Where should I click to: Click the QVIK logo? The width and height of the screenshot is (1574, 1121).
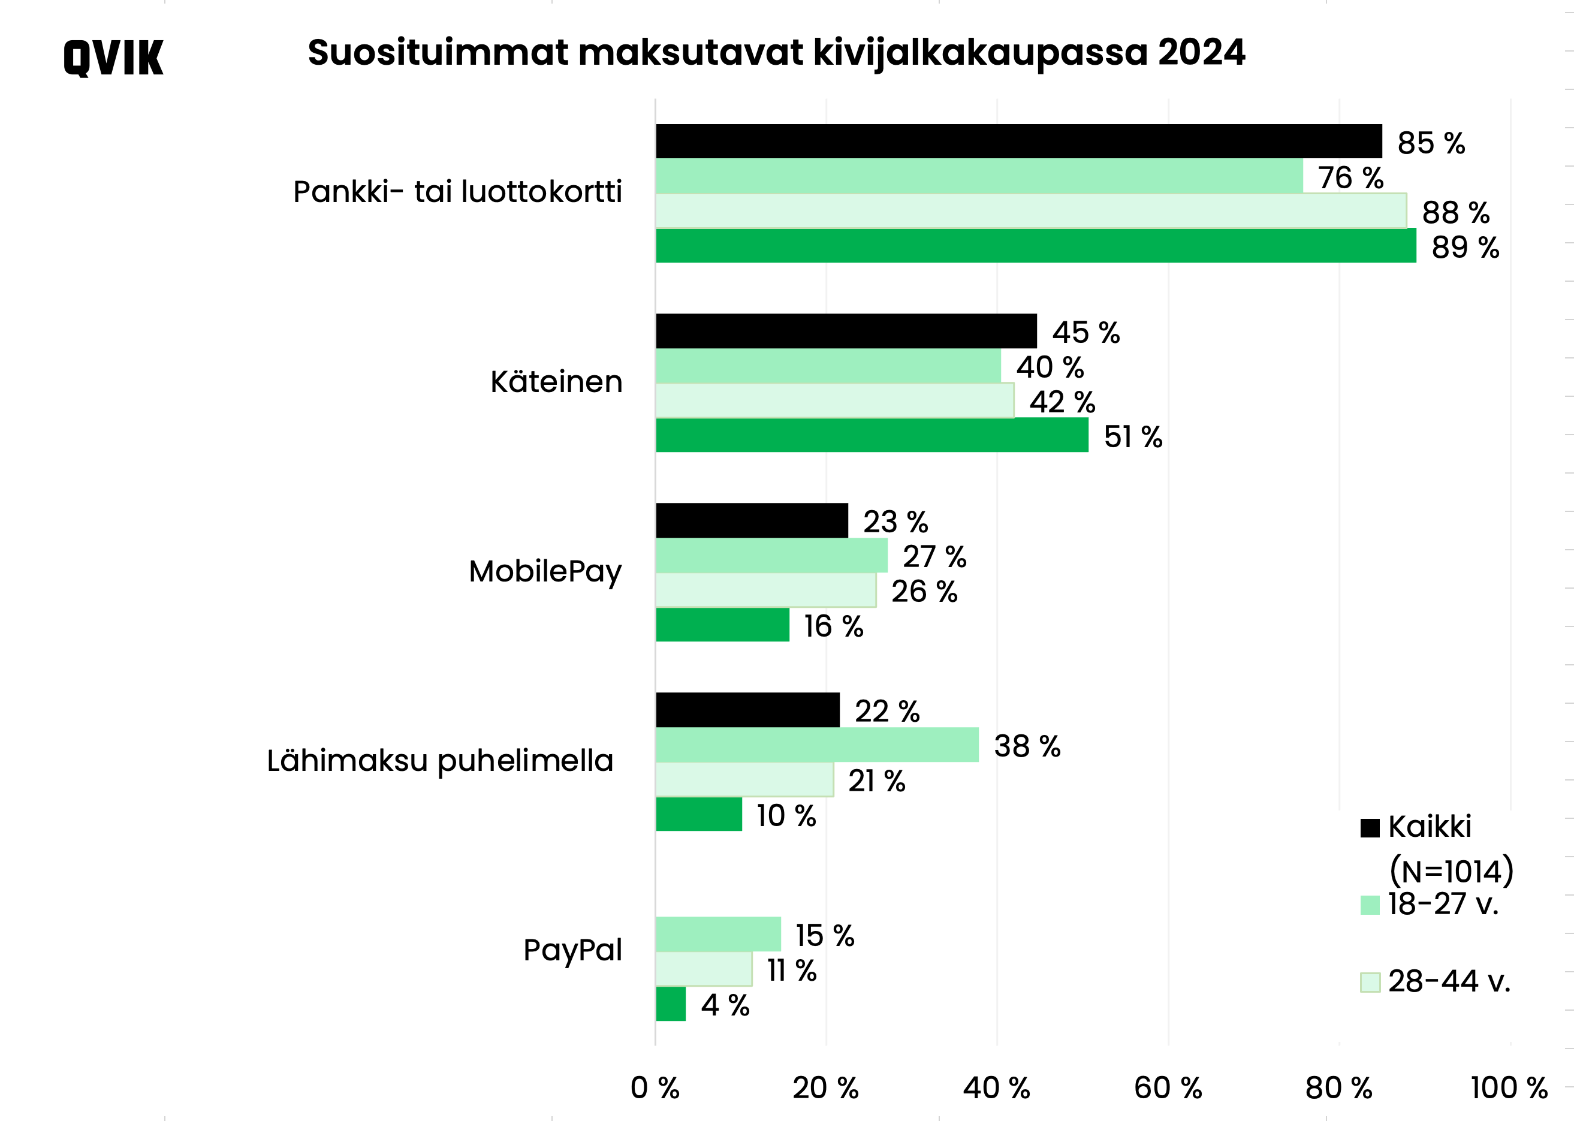pos(113,58)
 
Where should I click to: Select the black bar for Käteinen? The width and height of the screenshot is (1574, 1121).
pos(845,332)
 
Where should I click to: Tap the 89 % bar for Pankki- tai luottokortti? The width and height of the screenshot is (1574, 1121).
pos(1035,246)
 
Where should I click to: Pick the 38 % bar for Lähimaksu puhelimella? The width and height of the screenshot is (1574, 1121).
pos(816,745)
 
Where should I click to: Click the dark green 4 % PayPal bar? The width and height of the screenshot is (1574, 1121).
pos(670,1004)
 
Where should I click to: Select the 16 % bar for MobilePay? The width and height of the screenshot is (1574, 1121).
pos(722,625)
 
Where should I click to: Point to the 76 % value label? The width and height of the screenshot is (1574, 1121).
pos(1350,178)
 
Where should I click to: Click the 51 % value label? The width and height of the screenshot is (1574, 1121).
pos(1132,437)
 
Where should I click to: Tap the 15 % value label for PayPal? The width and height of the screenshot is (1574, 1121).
pos(825,936)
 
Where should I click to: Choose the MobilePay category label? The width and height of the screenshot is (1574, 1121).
pos(545,571)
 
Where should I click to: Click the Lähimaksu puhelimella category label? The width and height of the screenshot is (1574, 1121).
pos(440,761)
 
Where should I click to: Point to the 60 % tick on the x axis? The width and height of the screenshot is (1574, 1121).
pos(1168,1088)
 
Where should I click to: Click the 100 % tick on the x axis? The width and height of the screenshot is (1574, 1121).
pos(1509,1088)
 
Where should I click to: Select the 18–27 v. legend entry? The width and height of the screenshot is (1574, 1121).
pos(1443,904)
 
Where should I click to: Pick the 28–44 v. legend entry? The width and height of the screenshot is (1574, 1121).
pos(1448,981)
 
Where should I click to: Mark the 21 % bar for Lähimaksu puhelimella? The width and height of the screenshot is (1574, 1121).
pos(744,779)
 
